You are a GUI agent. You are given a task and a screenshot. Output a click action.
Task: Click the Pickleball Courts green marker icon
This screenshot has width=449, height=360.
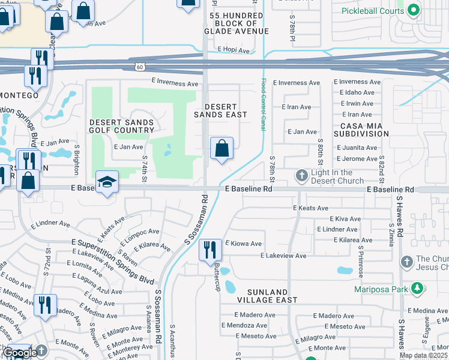[413, 10]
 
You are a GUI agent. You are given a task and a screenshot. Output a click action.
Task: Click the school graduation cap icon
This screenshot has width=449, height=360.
[107, 182]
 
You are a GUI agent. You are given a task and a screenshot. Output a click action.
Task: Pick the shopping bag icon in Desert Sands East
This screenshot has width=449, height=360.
[222, 148]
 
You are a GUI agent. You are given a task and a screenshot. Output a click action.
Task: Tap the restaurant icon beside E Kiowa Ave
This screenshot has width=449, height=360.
[209, 250]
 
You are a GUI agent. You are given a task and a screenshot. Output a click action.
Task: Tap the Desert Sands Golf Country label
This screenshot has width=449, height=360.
[122, 126]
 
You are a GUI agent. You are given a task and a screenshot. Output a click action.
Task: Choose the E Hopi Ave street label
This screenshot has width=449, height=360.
[234, 50]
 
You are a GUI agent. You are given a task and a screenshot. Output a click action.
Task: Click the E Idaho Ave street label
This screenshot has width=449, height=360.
[357, 93]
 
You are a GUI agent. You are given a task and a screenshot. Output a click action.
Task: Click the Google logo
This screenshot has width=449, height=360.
[20, 353]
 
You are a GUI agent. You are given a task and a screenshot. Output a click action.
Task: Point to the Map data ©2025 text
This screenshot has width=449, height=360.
[423, 355]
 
